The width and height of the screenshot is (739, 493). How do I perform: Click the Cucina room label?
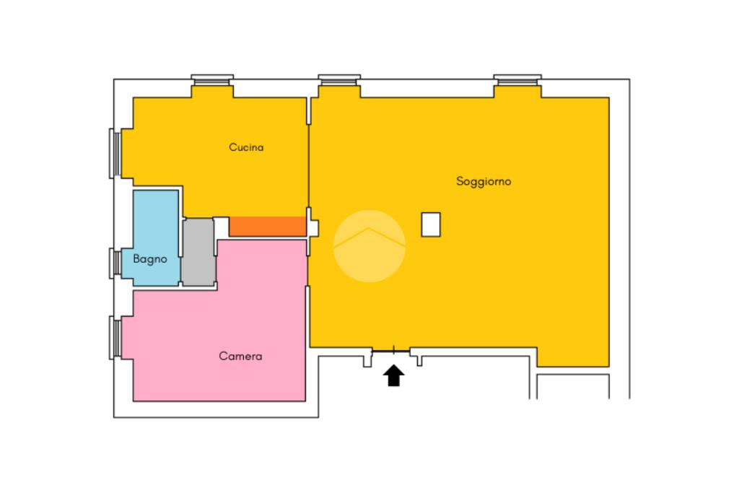(246, 147)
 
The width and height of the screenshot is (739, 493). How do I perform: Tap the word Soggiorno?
(484, 181)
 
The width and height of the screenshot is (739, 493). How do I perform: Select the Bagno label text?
(150, 258)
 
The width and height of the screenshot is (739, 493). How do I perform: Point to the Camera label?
(240, 357)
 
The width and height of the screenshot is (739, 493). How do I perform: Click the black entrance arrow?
(393, 375)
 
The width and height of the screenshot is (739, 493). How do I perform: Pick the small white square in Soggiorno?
(432, 224)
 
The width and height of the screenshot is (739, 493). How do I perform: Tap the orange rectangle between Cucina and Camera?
(267, 226)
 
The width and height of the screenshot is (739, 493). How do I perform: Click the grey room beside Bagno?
(198, 251)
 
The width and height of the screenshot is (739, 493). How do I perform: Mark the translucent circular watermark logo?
(369, 245)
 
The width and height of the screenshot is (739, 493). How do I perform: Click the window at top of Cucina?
(212, 79)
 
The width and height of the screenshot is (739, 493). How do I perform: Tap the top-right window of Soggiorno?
(517, 79)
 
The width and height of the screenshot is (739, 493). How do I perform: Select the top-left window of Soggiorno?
(339, 79)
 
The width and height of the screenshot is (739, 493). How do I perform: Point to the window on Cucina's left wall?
(113, 152)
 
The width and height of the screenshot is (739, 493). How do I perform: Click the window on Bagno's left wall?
(113, 261)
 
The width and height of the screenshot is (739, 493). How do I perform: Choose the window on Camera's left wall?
(113, 336)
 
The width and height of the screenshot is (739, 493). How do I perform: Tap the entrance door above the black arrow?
(393, 350)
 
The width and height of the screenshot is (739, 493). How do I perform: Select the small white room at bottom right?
(573, 385)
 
